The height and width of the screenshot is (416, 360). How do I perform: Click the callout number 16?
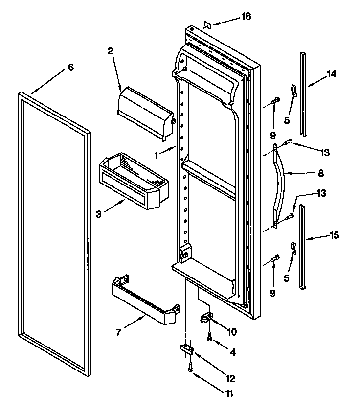[x=246, y=17]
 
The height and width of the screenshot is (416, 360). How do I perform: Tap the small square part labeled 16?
[x=206, y=24]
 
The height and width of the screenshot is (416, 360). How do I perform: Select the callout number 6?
[x=71, y=68]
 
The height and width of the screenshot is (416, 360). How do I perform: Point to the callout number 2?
[x=111, y=50]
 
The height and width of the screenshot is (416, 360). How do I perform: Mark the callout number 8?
[x=320, y=173]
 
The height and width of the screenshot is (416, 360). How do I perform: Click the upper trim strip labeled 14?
[x=304, y=95]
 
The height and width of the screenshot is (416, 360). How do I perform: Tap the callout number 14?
[x=332, y=74]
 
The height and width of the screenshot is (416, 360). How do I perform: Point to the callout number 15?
[x=334, y=235]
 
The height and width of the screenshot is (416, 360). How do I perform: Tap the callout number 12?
[x=230, y=378]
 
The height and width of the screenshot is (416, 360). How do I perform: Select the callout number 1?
[x=156, y=155]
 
